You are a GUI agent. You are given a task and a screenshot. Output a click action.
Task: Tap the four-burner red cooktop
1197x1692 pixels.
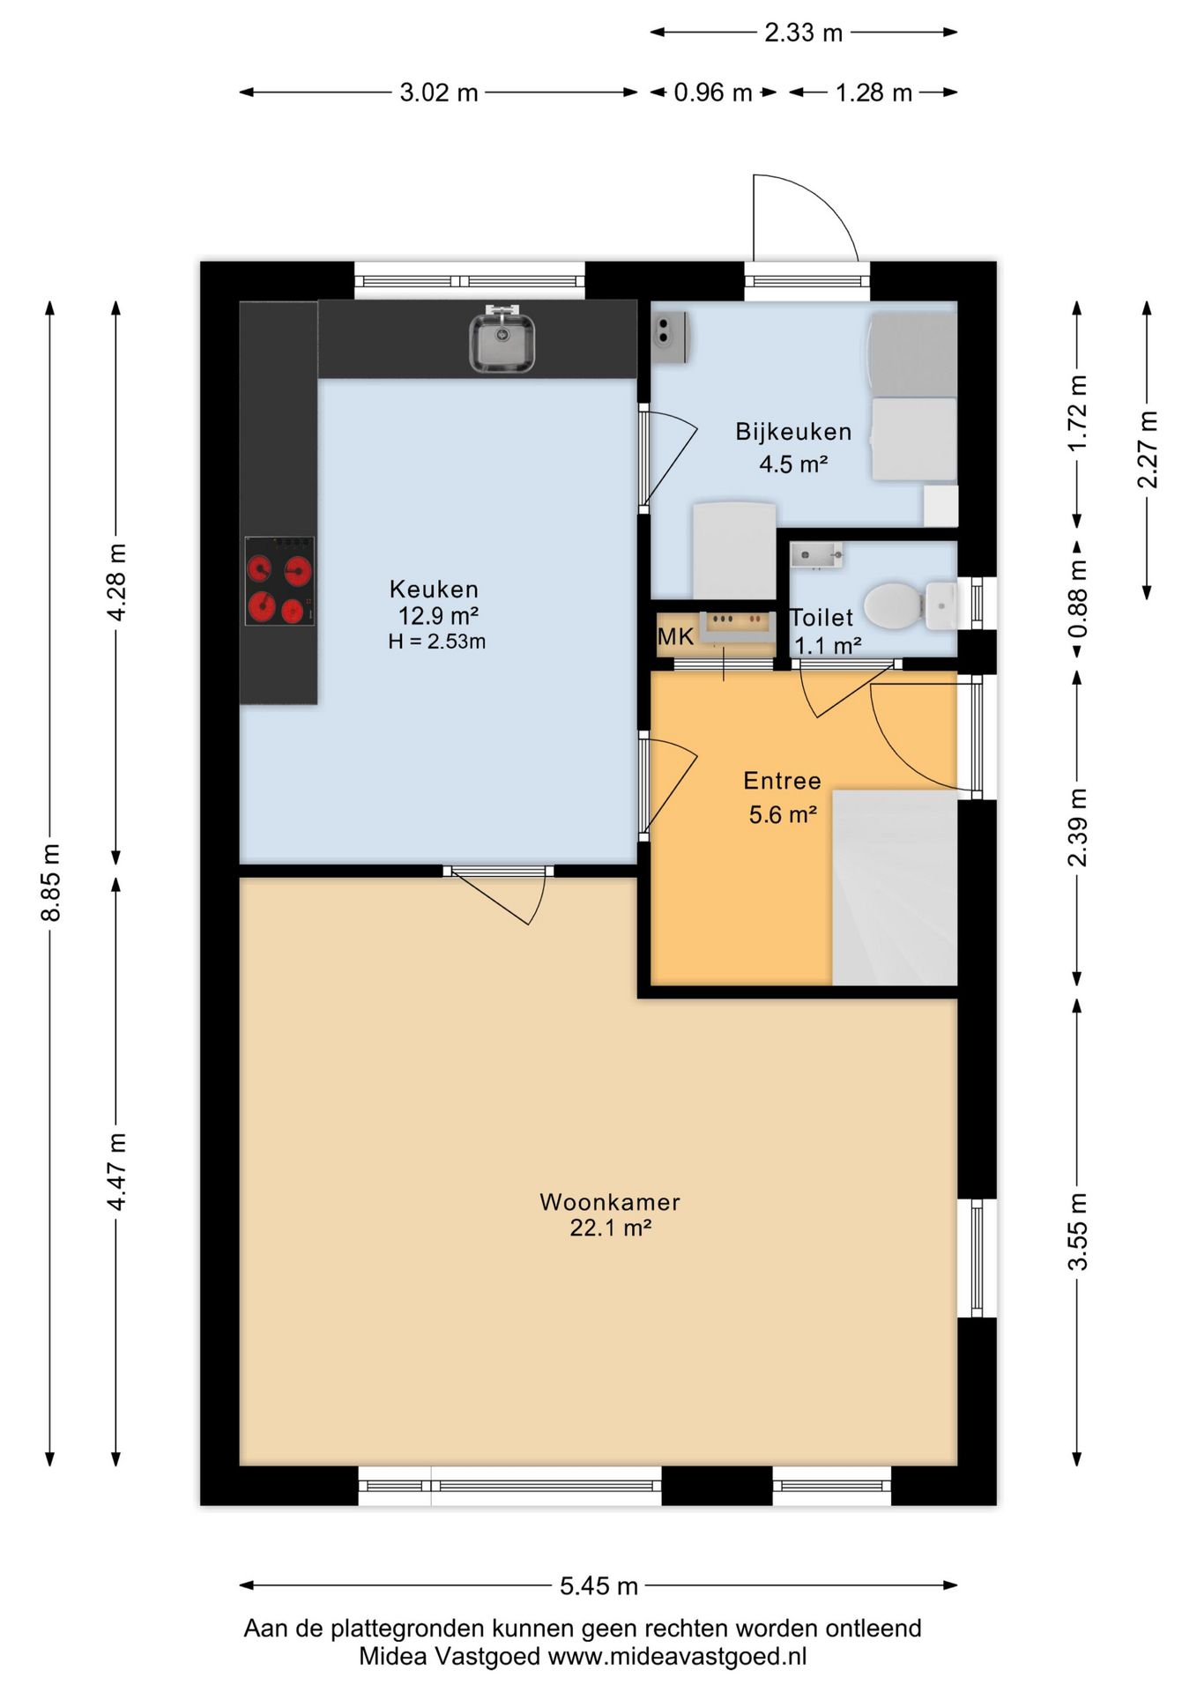279,582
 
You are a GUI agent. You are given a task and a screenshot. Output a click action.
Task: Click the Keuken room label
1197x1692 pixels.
434,589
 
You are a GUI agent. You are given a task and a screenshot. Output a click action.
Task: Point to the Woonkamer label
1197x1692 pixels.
610,1202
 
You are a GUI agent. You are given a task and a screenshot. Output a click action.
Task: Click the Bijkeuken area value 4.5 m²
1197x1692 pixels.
793,464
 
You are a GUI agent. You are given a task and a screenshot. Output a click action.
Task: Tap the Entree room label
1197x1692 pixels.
782,781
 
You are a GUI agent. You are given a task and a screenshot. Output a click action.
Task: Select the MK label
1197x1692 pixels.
675,636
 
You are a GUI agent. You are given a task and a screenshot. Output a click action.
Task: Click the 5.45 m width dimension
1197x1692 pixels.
598,1586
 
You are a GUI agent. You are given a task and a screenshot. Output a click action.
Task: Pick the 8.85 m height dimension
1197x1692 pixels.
51,883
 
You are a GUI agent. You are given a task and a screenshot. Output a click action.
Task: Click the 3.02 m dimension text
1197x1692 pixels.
439,93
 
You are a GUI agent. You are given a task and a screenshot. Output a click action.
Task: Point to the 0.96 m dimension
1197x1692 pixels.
713,93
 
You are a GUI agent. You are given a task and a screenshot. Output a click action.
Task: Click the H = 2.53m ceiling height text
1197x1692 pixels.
436,642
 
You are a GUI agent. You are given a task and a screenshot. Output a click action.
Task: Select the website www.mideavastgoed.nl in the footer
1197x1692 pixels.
677,1657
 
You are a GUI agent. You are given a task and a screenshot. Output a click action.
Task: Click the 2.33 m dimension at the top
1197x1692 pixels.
804,33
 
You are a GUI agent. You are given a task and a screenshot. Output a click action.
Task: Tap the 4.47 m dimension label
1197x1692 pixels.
116,1172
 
